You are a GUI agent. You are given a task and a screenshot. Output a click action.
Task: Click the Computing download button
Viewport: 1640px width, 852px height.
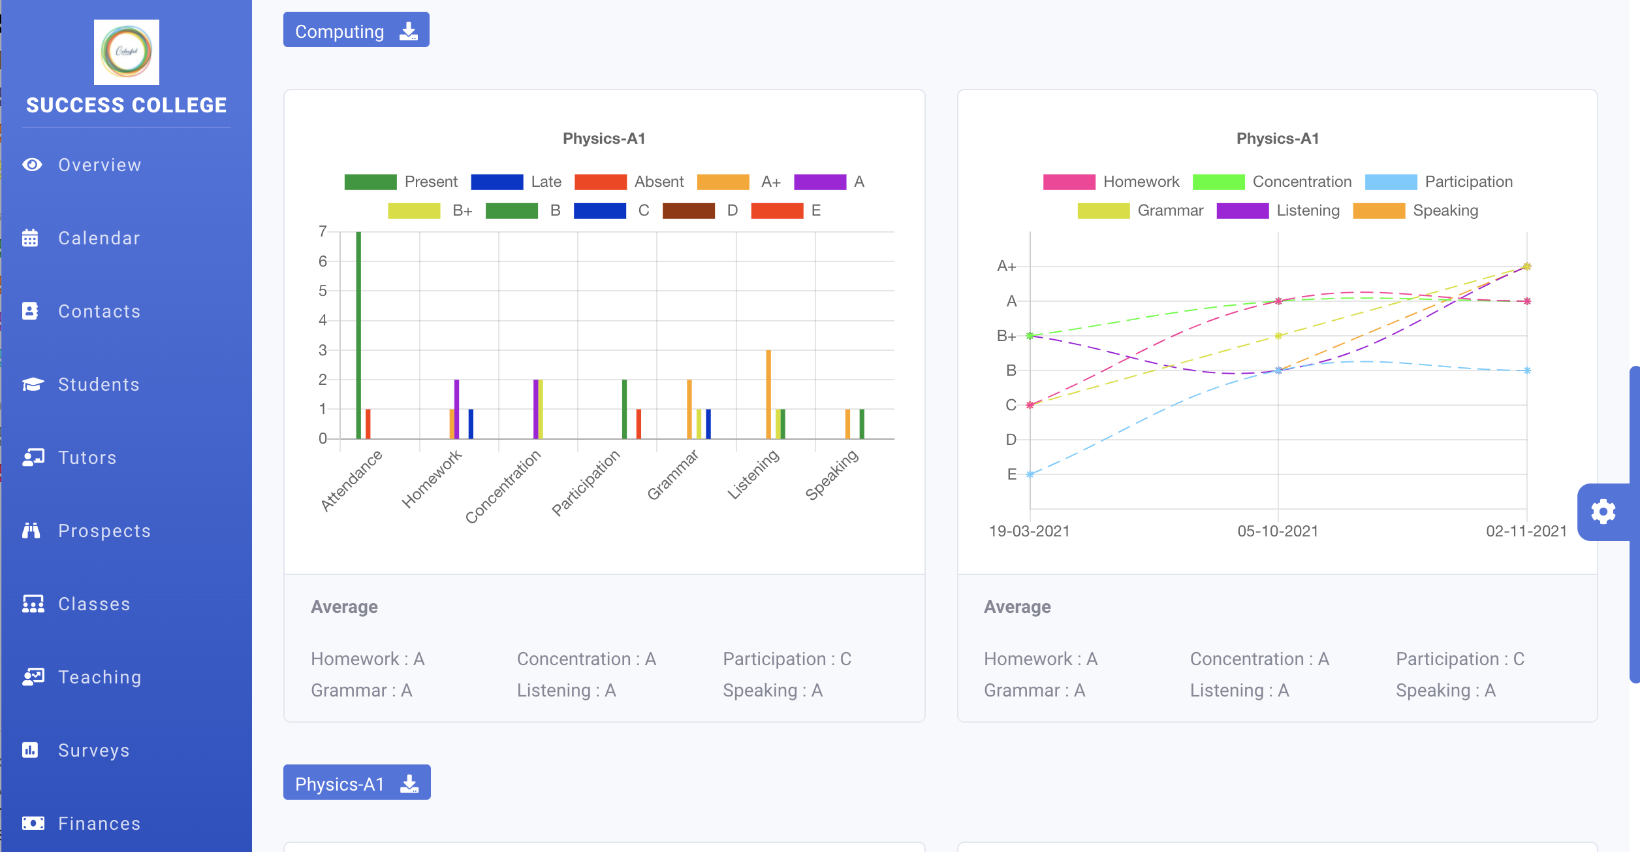pyautogui.click(x=356, y=31)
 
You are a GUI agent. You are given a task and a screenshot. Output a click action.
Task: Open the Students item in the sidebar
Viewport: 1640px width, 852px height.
pyautogui.click(x=98, y=384)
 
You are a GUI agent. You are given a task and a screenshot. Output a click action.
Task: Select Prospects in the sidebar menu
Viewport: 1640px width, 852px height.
pyautogui.click(x=104, y=531)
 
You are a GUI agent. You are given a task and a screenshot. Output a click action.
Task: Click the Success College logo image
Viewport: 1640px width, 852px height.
pyautogui.click(x=126, y=52)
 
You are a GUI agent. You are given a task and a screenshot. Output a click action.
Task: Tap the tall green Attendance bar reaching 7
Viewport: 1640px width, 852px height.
pyautogui.click(x=358, y=333)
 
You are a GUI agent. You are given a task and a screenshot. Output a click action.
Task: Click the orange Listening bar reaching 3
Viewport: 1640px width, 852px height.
pyautogui.click(x=768, y=395)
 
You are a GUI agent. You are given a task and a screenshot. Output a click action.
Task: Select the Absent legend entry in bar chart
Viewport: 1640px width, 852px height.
pyautogui.click(x=629, y=182)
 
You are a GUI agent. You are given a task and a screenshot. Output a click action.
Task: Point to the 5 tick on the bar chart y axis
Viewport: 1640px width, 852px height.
pyautogui.click(x=323, y=291)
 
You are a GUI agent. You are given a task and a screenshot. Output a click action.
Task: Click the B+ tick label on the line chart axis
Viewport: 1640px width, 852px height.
pyautogui.click(x=1006, y=336)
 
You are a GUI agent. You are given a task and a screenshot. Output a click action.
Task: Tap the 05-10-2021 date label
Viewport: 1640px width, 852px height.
pyautogui.click(x=1278, y=531)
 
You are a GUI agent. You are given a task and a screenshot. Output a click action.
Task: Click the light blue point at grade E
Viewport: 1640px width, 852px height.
pyautogui.click(x=1030, y=474)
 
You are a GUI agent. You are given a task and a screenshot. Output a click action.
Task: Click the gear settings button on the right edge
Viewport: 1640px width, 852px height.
pyautogui.click(x=1603, y=512)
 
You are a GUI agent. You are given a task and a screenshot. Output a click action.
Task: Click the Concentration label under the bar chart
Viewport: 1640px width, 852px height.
pyautogui.click(x=503, y=486)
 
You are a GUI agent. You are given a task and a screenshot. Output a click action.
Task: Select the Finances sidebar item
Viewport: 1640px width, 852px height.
pyautogui.click(x=99, y=823)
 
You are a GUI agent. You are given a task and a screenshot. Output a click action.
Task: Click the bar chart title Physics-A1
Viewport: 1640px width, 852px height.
pyautogui.click(x=604, y=139)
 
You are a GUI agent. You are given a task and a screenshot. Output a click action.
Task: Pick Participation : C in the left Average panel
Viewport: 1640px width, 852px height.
pyautogui.click(x=787, y=659)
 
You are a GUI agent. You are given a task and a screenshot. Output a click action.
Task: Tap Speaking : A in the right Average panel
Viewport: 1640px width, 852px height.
pyautogui.click(x=1445, y=690)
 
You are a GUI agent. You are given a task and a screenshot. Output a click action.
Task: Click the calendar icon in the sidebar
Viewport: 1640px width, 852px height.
pyautogui.click(x=31, y=238)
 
